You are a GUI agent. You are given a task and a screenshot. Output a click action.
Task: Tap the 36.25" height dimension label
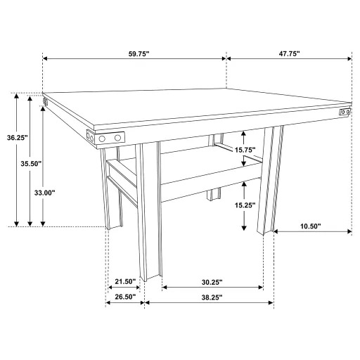[16, 139]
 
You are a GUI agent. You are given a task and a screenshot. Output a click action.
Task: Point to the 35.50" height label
[31, 163]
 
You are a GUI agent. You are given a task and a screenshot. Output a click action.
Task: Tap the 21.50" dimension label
[125, 281]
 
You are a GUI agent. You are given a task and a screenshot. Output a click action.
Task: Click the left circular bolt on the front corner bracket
[102, 139]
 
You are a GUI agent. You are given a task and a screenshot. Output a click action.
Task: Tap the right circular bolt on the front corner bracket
[117, 139]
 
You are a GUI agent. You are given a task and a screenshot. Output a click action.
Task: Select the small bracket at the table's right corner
[345, 112]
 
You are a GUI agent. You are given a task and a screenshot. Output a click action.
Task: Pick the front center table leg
[150, 211]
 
